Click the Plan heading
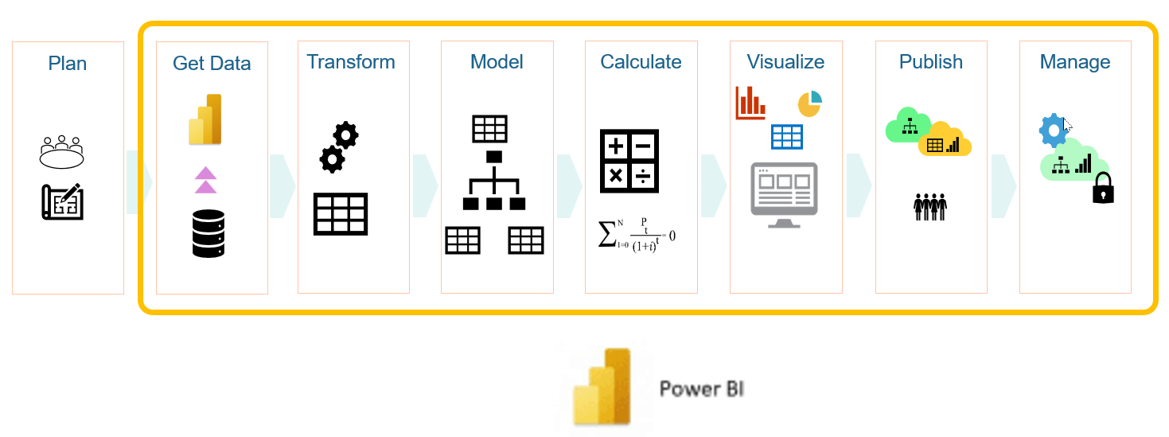click(68, 64)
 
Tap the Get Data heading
click(212, 64)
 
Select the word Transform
click(351, 62)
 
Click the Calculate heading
click(641, 62)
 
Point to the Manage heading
click(1074, 62)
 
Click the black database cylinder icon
click(208, 232)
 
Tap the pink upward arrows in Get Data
click(205, 180)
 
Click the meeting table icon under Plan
click(61, 151)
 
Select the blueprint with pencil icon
click(62, 201)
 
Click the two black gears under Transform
click(338, 146)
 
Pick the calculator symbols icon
click(629, 161)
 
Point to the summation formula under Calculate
click(636, 235)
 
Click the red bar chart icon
click(750, 103)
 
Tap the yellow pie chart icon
click(809, 103)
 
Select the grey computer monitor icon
click(784, 194)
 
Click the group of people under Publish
click(929, 205)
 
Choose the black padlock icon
click(1102, 188)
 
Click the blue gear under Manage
click(1053, 131)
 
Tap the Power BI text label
click(701, 389)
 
